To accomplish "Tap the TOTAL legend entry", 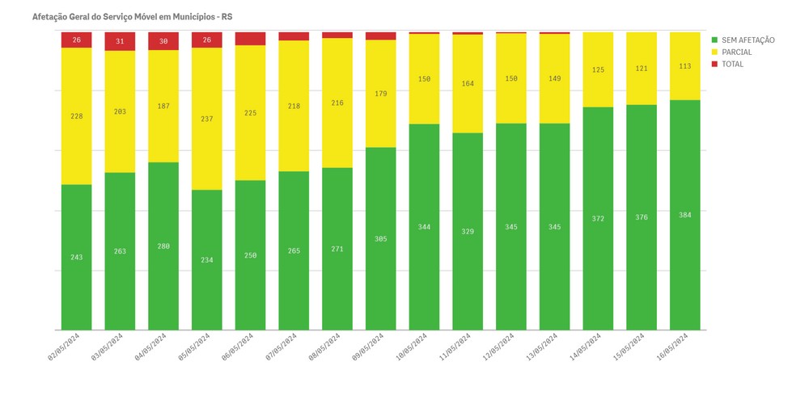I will tap(732, 65).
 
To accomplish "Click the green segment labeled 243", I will tap(76, 257).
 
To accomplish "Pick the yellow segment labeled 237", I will tap(207, 119).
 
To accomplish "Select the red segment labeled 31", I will tap(120, 41).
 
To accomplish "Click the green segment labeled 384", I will tap(685, 215).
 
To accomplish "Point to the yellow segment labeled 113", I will tap(685, 66).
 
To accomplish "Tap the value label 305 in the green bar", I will tap(381, 239).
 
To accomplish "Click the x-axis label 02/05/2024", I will tap(64, 346).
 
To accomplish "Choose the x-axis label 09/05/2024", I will tap(368, 346).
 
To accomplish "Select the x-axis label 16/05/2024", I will tap(672, 346).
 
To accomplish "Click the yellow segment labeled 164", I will tap(468, 83).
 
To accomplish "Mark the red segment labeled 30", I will tap(163, 41).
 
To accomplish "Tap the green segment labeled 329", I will tap(468, 232).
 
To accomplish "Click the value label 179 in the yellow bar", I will tap(381, 94).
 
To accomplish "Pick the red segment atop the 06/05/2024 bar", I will tap(250, 39).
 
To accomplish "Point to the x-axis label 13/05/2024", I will tap(542, 346).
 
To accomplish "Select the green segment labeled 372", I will tap(598, 218).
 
